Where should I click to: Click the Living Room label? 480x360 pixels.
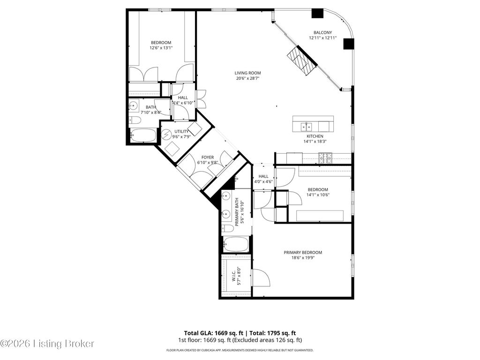click(247, 73)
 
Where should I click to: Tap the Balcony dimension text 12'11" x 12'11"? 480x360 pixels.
click(322, 38)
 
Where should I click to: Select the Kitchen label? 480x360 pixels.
click(315, 136)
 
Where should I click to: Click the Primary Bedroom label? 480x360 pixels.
click(303, 253)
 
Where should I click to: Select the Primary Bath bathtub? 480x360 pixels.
click(236, 244)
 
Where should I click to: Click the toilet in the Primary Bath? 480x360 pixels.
click(228, 228)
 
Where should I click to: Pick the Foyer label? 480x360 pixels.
click(208, 157)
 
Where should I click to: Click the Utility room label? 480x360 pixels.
click(181, 131)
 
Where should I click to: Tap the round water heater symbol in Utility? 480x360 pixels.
click(166, 135)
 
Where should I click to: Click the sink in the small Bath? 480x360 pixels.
click(134, 106)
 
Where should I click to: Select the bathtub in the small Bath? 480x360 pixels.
click(143, 135)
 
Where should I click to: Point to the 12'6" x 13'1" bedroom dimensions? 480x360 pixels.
click(161, 48)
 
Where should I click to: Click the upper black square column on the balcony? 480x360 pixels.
click(317, 13)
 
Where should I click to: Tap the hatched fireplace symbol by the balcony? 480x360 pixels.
click(301, 60)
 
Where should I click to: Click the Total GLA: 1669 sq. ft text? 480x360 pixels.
click(214, 333)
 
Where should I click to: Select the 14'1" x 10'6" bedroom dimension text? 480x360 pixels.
click(318, 195)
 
